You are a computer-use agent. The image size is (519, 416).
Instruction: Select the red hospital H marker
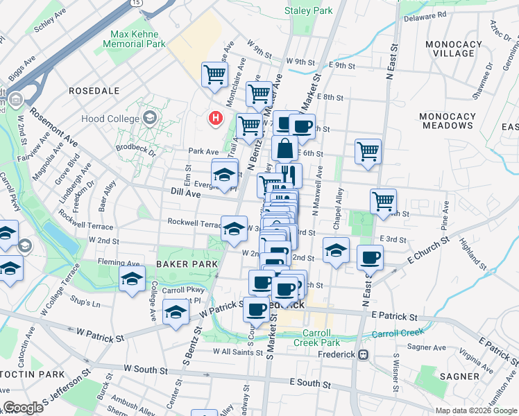pos(216,119)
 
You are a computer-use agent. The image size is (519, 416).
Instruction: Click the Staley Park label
pos(309,10)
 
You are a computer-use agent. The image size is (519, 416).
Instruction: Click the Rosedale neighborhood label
pos(94,91)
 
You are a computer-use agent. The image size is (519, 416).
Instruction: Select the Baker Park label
pos(182,264)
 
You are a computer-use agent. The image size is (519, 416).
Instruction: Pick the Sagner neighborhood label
pos(459,376)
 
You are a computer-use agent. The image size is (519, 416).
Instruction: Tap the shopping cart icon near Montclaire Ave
pos(215,73)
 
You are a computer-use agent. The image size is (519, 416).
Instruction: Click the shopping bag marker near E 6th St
pos(284,148)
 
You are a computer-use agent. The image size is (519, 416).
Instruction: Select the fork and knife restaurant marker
pos(289,174)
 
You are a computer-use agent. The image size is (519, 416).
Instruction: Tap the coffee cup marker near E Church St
pos(369,258)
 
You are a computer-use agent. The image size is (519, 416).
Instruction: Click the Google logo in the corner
pos(23,408)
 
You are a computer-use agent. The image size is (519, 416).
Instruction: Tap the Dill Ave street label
pos(185,194)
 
